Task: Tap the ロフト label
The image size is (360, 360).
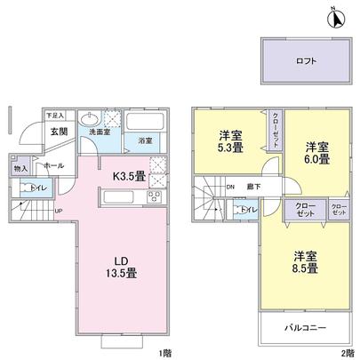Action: coord(304,62)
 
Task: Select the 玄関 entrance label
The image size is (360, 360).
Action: coord(60,132)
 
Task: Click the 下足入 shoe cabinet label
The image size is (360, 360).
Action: coord(55,116)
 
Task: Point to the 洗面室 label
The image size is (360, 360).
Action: coord(98,132)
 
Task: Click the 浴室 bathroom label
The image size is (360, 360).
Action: coord(144,140)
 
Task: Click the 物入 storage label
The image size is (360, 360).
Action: coord(20,167)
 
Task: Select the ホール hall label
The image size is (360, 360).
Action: coord(52,166)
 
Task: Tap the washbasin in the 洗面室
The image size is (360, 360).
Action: coord(89,121)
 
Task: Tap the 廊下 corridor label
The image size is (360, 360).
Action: coord(254,187)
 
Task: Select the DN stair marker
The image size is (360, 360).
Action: coord(229,187)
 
